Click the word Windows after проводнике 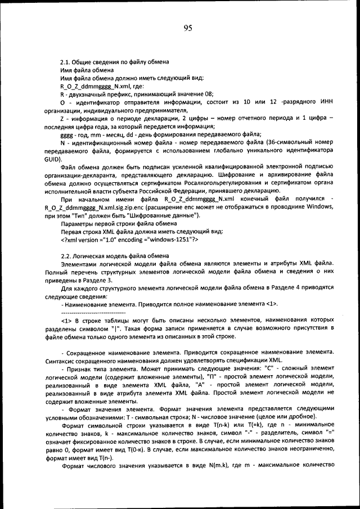coord(320,207)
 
